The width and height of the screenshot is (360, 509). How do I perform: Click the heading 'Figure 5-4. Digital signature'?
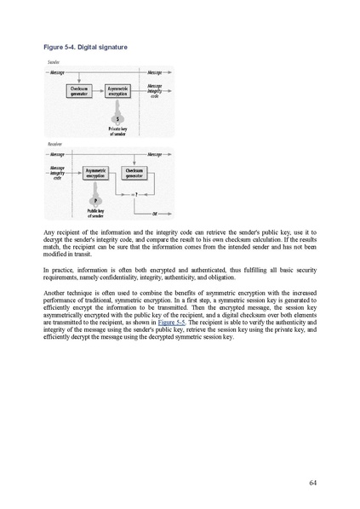pos(85,47)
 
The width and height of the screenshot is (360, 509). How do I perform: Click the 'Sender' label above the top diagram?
pos(52,63)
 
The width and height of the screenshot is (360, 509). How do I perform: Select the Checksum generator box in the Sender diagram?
pos(79,90)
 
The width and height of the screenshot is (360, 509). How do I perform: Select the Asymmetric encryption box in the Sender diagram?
pos(117,90)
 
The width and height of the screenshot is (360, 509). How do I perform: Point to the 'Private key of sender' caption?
pos(117,131)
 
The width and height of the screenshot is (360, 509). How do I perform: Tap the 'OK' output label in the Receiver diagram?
pos(155,213)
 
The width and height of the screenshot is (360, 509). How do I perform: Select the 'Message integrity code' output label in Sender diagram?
pos(155,90)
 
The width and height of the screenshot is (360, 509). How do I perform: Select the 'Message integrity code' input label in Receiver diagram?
pos(58,174)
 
